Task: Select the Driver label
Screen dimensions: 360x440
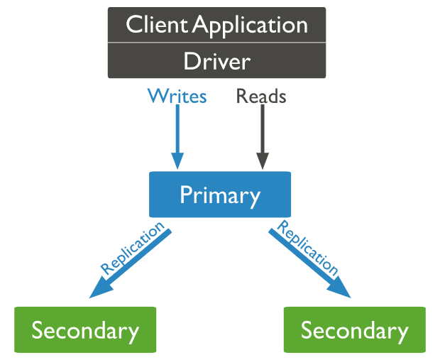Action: [216, 61]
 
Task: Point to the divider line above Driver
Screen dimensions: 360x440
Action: [216, 43]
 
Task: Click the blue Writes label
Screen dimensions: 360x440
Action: [177, 96]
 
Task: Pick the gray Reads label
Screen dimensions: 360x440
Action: [261, 96]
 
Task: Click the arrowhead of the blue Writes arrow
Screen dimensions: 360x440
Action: [177, 161]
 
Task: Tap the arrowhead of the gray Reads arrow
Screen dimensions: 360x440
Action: [262, 161]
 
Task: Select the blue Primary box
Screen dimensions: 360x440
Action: [220, 194]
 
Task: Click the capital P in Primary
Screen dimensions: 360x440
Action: [186, 194]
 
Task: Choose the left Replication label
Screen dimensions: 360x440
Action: [133, 248]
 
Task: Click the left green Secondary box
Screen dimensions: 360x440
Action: [85, 329]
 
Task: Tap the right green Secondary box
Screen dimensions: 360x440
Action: [354, 329]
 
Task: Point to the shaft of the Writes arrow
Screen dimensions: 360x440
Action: [177, 128]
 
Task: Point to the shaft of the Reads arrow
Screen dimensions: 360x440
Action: [262, 128]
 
